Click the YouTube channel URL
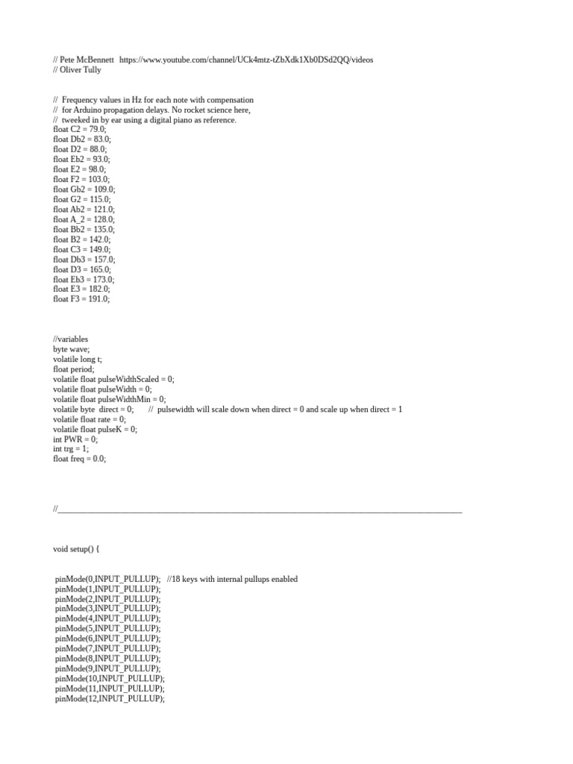(245, 59)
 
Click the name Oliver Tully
(80, 69)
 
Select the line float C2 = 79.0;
(80, 129)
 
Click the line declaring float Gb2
(84, 190)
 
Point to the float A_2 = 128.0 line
(84, 219)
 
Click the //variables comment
(70, 339)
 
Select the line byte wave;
(71, 348)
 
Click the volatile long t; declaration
(78, 359)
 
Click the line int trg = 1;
(72, 449)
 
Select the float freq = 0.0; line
(80, 460)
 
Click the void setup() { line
(76, 549)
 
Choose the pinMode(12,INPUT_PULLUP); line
(110, 699)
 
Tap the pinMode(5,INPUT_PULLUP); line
(107, 629)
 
